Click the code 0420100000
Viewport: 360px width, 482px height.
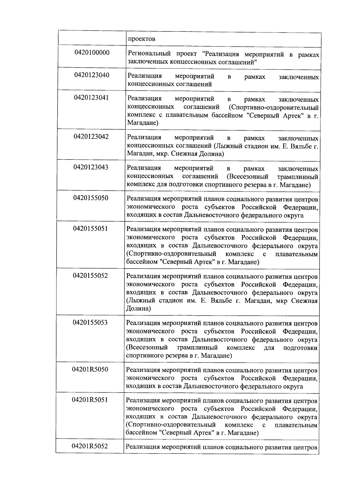(92, 53)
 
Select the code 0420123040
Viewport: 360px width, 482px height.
(92, 75)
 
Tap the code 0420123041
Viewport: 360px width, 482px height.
(91, 98)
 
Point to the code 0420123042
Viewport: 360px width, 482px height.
(91, 137)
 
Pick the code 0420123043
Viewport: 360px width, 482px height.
(91, 167)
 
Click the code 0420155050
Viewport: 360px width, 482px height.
(91, 198)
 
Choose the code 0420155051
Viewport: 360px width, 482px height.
(91, 229)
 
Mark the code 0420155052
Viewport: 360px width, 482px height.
(90, 276)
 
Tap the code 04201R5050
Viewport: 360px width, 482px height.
(90, 370)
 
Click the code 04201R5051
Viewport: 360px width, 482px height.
(90, 400)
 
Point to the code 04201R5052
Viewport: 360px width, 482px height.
(90, 447)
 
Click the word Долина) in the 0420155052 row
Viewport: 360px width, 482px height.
(138, 308)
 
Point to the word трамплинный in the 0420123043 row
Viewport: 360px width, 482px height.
(298, 177)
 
